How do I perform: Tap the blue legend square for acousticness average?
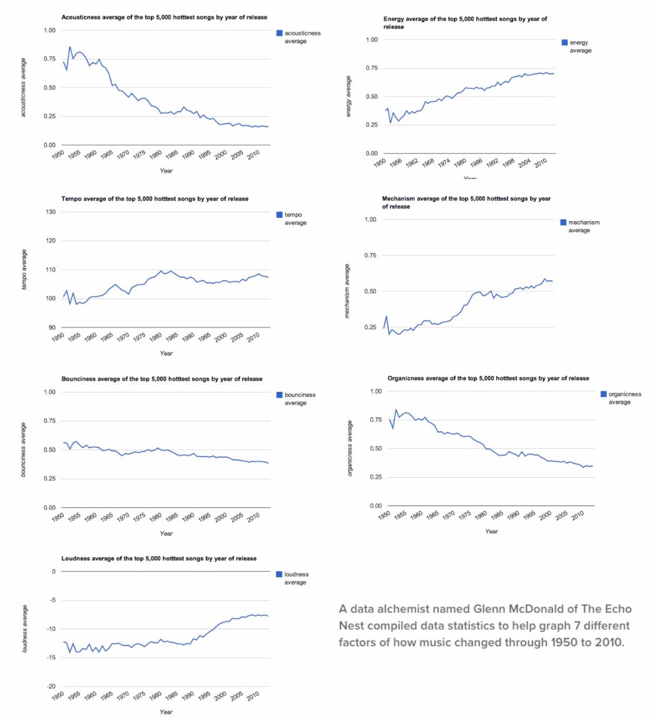click(280, 33)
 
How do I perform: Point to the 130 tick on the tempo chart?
click(52, 212)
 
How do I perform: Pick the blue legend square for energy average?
click(565, 43)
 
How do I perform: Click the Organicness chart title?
click(488, 378)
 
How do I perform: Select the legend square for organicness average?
click(604, 394)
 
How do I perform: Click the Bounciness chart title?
click(161, 379)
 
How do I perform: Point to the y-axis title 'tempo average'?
click(24, 270)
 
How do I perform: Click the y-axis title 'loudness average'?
click(24, 629)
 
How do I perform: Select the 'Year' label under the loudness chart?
click(166, 712)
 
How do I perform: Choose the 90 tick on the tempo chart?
click(52, 327)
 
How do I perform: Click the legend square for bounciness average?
click(280, 395)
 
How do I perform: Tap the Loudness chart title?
click(158, 558)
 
